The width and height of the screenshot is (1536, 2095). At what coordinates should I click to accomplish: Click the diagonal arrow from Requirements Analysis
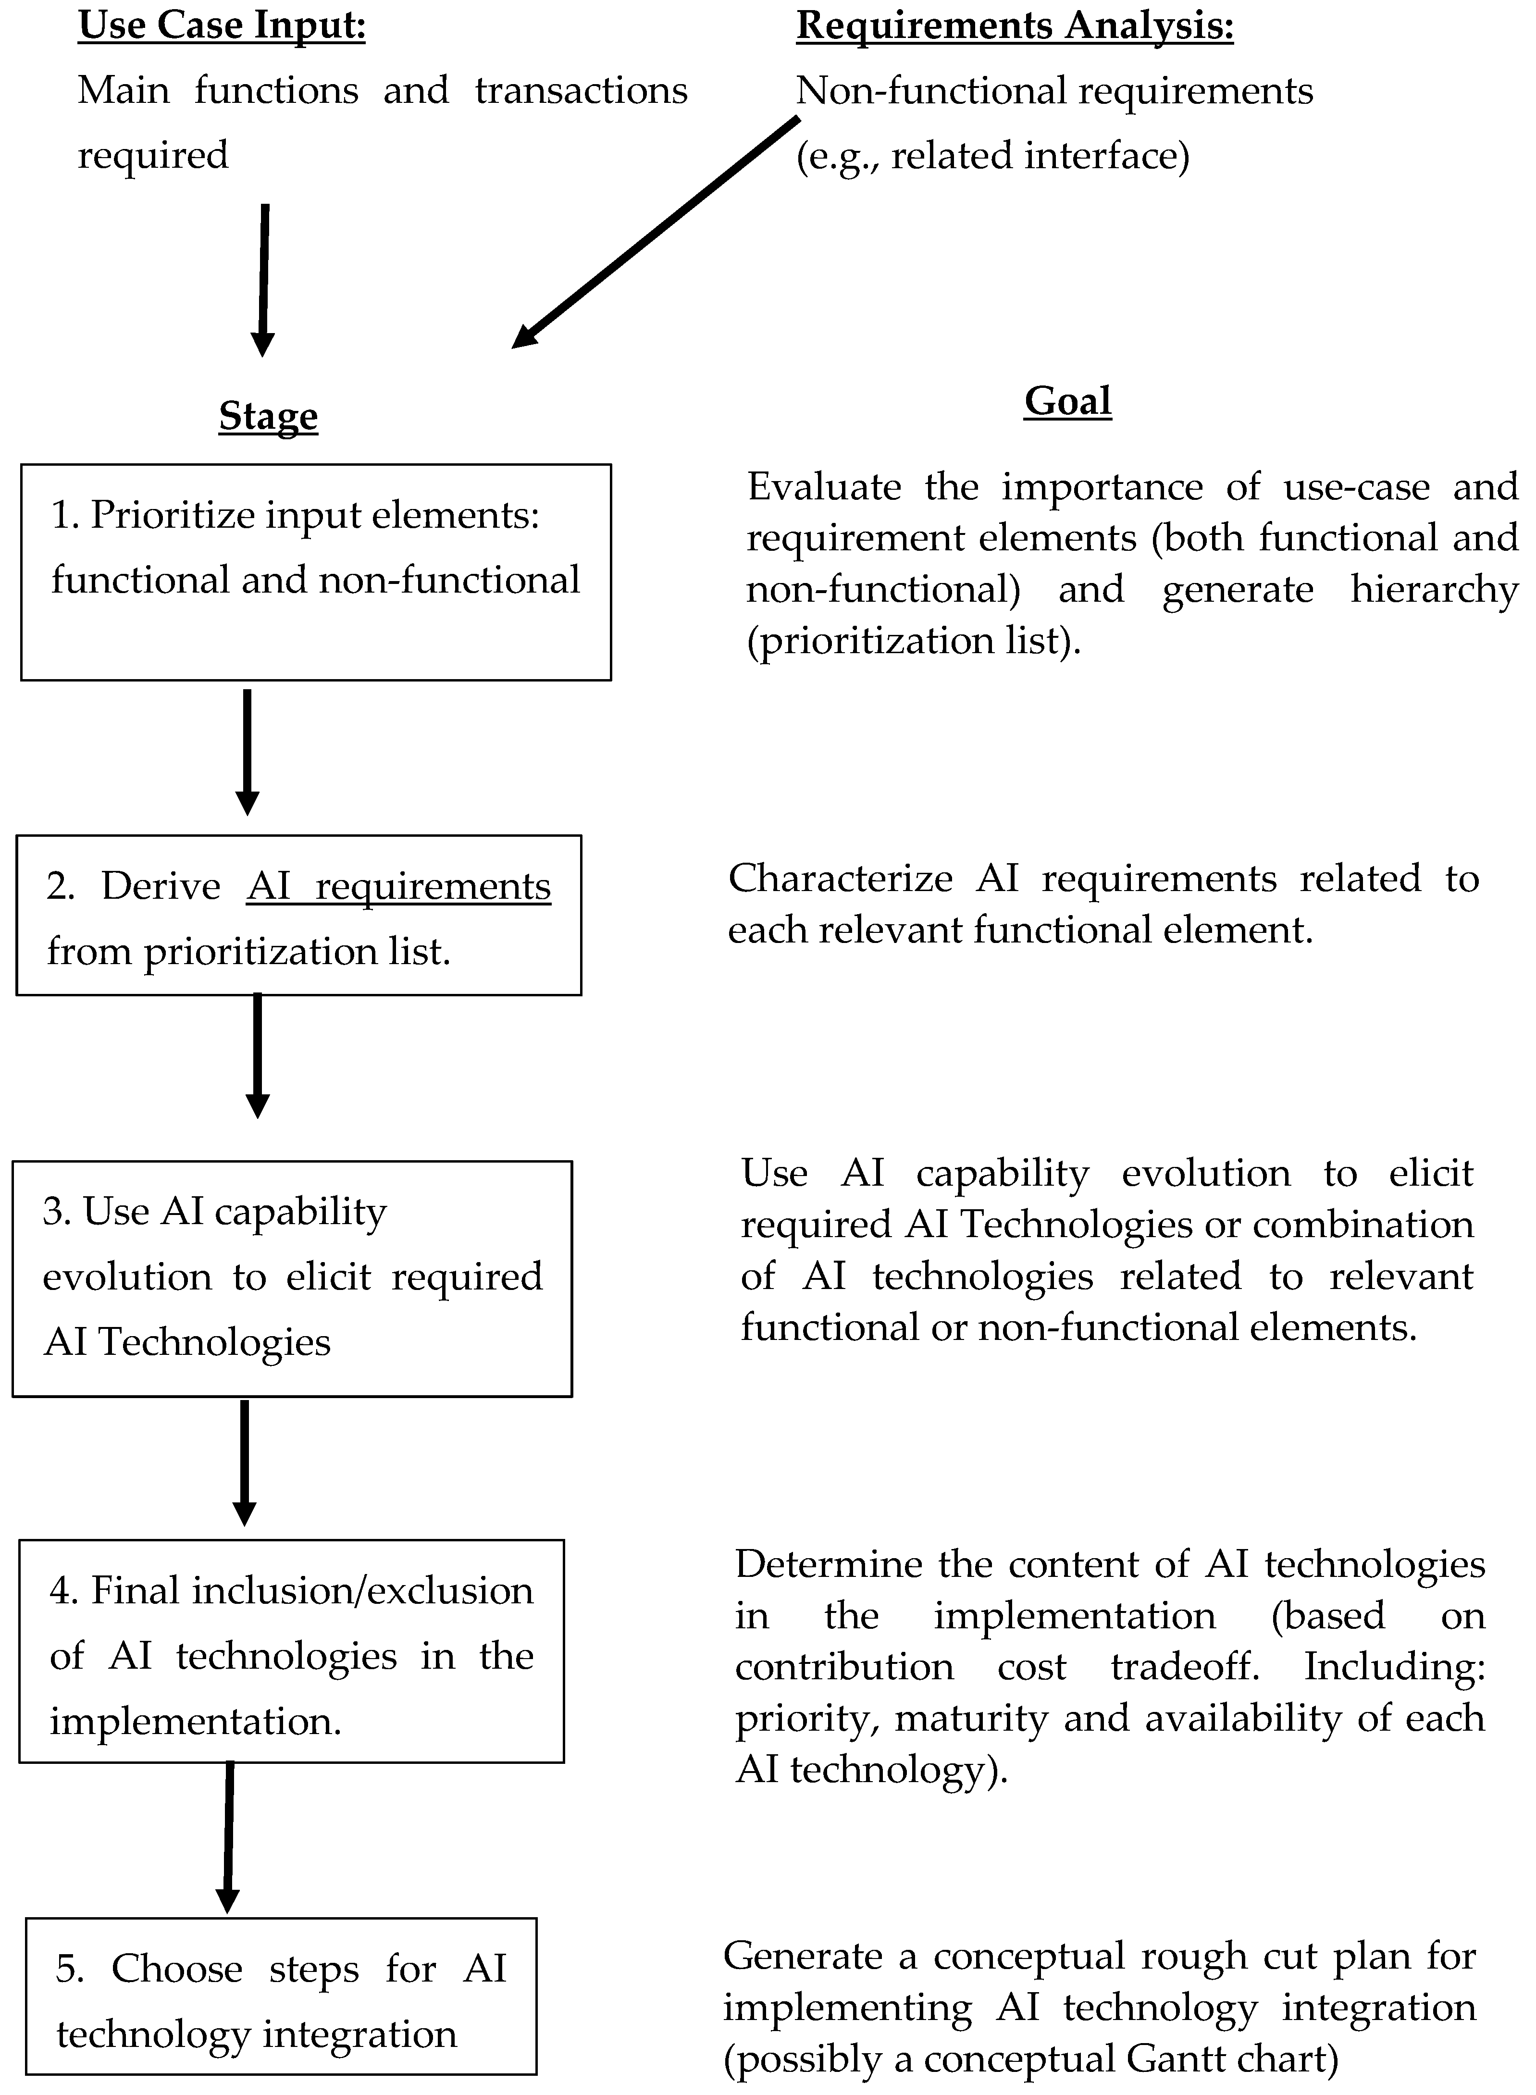656,233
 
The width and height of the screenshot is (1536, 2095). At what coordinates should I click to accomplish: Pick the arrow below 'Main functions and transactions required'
264,279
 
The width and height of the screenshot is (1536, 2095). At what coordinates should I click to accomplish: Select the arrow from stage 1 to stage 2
248,751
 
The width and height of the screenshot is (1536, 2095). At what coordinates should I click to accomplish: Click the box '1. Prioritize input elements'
316,572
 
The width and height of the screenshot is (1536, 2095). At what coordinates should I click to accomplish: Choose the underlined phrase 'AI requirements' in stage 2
399,886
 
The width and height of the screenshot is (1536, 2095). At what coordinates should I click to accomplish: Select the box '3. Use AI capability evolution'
292,1278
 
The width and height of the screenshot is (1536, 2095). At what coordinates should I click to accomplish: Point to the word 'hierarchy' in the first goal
1434,590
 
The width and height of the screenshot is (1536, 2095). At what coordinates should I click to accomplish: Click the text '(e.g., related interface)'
992,155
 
